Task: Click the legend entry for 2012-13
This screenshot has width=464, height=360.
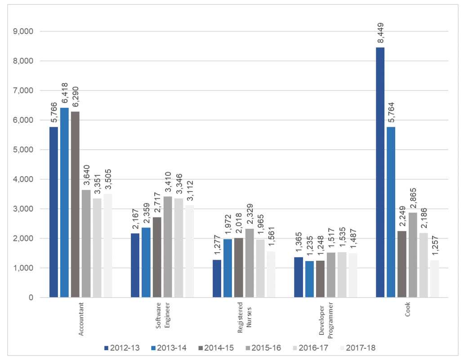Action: point(121,347)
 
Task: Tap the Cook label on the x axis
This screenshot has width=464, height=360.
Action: point(407,310)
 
